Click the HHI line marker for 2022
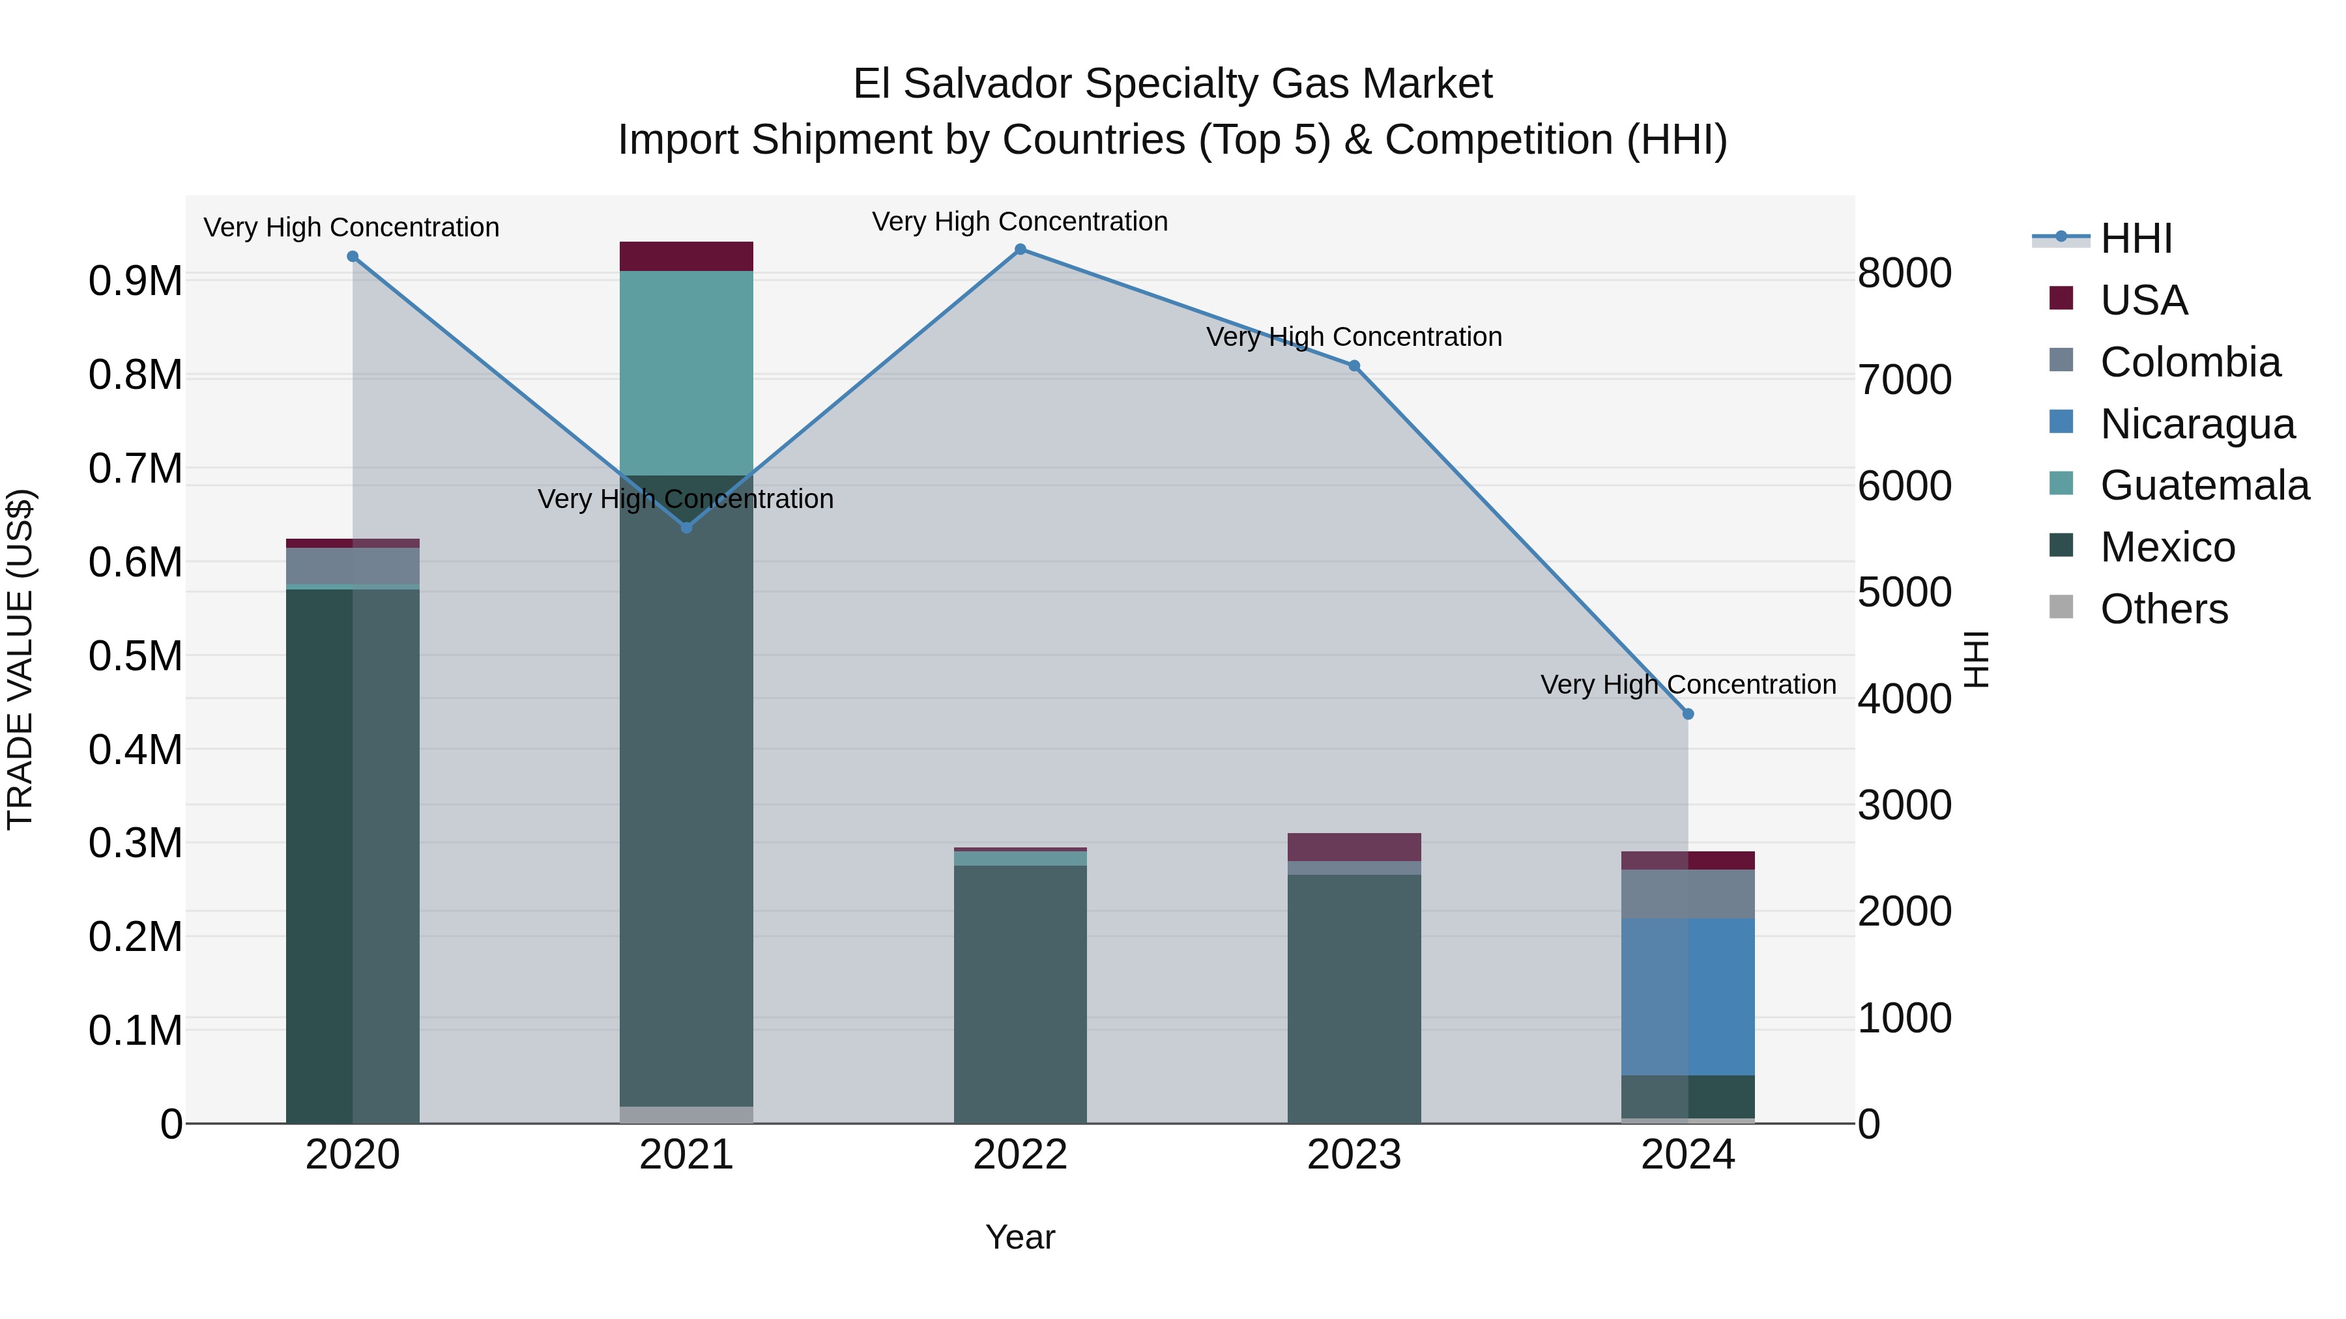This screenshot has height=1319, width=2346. tap(1020, 249)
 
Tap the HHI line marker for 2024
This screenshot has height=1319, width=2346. tap(1688, 715)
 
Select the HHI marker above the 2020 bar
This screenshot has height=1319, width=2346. tap(353, 257)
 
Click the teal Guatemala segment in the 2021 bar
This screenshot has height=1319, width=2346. tap(686, 373)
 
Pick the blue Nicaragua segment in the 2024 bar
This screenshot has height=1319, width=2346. tap(1688, 997)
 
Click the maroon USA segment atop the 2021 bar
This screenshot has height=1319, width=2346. tap(686, 257)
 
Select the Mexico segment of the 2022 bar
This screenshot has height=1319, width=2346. tap(1020, 992)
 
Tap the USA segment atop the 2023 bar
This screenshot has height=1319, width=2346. tap(1354, 847)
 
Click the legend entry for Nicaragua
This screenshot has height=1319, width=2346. tap(2197, 424)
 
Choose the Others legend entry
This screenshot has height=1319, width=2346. tap(2163, 609)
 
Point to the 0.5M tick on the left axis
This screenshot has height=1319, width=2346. tap(135, 657)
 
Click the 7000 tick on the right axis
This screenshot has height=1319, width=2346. tap(1904, 380)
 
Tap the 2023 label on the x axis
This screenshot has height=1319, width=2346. tap(1354, 1155)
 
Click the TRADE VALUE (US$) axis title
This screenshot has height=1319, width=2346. tap(20, 659)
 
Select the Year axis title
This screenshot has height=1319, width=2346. tap(1020, 1237)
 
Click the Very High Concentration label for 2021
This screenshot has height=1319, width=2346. tap(685, 499)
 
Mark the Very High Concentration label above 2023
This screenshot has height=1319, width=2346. tap(1354, 337)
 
